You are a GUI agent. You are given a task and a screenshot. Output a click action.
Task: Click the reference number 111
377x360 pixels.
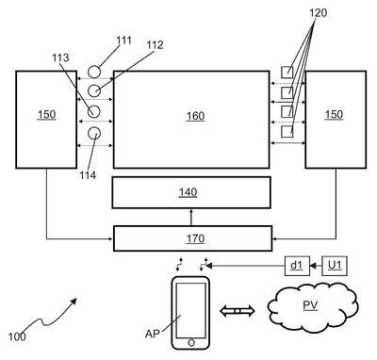123,41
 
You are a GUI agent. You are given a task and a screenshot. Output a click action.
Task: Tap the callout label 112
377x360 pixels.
155,45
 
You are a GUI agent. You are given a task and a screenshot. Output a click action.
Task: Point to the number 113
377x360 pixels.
60,57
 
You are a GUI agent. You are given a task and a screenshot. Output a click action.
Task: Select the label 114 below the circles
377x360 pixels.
88,175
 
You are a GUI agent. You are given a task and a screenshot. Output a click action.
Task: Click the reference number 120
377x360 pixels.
319,13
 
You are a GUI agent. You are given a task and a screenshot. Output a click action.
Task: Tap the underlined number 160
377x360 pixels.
195,116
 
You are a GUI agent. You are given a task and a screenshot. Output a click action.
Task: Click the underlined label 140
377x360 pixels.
188,192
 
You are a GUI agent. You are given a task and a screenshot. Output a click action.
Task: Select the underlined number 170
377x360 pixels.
195,238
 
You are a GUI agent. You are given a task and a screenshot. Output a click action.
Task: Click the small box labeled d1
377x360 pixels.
297,266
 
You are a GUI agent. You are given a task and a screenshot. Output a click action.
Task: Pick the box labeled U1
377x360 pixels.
335,266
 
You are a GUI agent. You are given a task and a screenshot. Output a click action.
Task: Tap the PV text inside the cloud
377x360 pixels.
310,305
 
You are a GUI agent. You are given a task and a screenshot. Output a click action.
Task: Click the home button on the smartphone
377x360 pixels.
191,342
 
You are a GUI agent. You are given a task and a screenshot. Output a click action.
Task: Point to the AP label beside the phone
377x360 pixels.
153,334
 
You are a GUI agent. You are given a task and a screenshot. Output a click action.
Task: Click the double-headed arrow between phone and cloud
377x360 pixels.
238,311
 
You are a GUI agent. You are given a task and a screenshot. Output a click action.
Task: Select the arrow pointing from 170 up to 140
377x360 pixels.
191,218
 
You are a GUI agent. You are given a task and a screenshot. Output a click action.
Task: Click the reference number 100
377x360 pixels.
17,336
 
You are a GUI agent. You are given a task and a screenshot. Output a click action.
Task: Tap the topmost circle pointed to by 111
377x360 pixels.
94,72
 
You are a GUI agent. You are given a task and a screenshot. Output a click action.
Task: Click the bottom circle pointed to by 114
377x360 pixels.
94,134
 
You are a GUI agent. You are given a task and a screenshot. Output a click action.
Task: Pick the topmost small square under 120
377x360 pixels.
287,73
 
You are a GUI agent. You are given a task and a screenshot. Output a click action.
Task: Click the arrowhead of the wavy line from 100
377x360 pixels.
74,301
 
